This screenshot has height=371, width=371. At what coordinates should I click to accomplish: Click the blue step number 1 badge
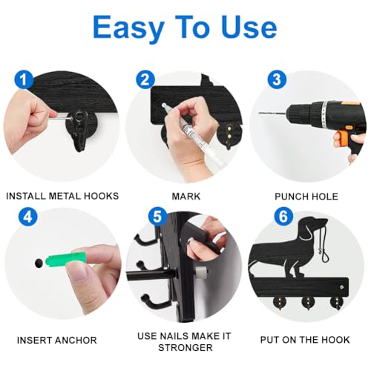pos(24,80)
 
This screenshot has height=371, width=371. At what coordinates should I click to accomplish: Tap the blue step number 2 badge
pos(145,79)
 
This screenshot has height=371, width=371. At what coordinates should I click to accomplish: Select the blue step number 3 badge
pos(277,79)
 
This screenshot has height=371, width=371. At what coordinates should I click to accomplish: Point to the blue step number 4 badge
pos(28,217)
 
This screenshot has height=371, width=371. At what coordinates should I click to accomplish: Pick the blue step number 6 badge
pos(283,217)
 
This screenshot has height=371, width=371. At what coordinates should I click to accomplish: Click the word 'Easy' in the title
pos(128,28)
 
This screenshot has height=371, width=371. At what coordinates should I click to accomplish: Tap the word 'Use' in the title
pos(249,27)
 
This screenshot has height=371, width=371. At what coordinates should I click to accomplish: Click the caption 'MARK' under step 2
pos(186,197)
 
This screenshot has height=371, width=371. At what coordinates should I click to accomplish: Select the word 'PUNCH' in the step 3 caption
pos(291,197)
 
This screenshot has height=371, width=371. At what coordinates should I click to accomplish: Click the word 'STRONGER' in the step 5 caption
pos(185,348)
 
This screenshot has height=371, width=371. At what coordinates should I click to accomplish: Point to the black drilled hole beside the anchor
pos(39,263)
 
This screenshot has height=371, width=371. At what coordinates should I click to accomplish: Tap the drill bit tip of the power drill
pos(260,113)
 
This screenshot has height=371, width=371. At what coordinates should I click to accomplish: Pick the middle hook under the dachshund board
pos(307,303)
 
